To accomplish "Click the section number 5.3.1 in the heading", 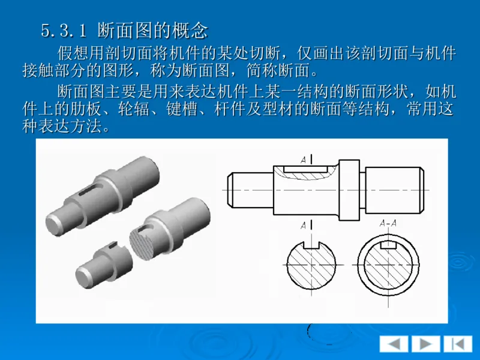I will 65,29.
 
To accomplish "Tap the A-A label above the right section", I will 389,224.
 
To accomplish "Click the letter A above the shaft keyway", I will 304,160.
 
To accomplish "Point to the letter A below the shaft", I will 304,225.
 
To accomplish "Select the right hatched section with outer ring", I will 389,264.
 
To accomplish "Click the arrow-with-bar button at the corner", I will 458,344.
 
